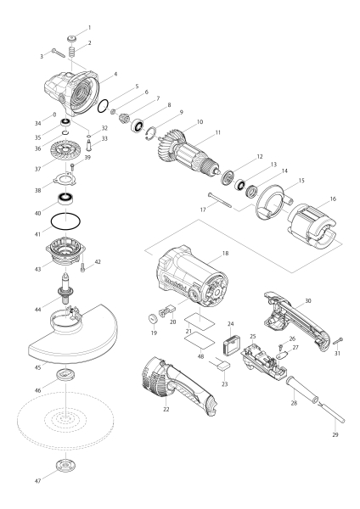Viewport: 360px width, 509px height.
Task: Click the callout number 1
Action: coord(90,28)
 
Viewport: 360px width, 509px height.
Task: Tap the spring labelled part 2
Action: coord(71,52)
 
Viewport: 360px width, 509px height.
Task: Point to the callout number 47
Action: coord(38,481)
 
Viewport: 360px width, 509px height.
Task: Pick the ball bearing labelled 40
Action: coord(65,199)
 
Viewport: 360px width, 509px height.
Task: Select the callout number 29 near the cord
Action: coord(335,434)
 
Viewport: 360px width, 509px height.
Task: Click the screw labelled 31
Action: coord(338,340)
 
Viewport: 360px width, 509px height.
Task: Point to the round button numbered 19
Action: coord(153,318)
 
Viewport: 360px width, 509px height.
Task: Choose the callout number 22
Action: coord(166,410)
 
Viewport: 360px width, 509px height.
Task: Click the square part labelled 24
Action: coord(231,344)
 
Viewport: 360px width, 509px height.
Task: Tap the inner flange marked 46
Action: coord(65,374)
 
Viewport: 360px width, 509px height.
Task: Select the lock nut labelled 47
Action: coord(65,466)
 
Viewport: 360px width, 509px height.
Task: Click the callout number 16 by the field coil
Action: coord(333,199)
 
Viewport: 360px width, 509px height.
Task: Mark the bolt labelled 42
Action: coord(82,268)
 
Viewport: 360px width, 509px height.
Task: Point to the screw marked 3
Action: coord(58,53)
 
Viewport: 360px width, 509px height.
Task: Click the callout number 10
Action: coord(200,121)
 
